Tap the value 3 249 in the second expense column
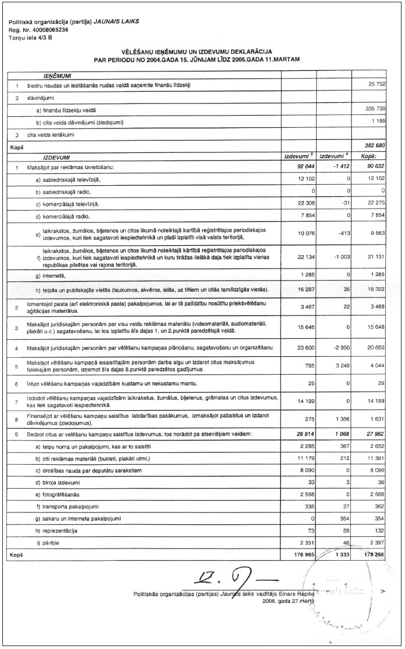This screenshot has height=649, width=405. pyautogui.click(x=337, y=366)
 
